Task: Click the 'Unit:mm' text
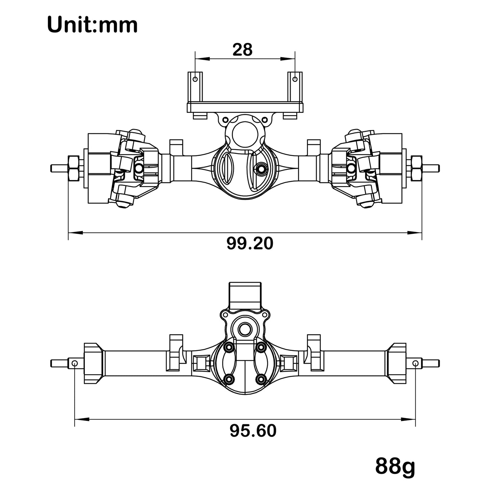click(x=92, y=25)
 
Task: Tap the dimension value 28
click(x=242, y=50)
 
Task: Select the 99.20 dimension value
click(x=250, y=243)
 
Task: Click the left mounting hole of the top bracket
click(x=195, y=79)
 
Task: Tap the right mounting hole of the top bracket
click(x=295, y=79)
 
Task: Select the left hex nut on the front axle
click(x=74, y=168)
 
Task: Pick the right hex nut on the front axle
click(x=416, y=168)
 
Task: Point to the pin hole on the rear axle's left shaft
click(x=75, y=363)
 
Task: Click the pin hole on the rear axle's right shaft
click(x=416, y=363)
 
